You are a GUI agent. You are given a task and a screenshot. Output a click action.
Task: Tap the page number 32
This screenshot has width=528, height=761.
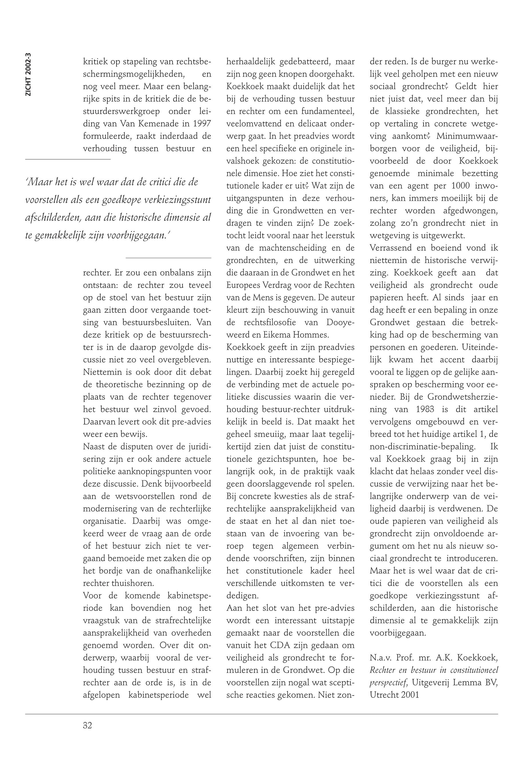click(87, 725)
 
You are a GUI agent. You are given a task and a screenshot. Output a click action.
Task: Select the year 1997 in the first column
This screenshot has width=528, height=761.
click(200, 124)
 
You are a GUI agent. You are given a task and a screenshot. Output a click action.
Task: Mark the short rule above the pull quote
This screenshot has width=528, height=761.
click(68, 159)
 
